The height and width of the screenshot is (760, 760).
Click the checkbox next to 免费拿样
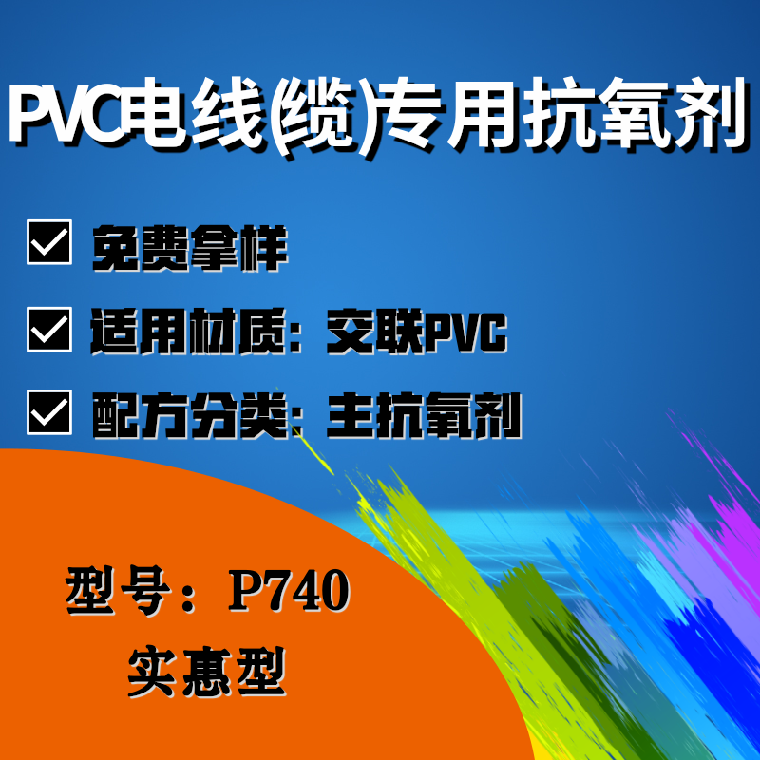click(x=49, y=242)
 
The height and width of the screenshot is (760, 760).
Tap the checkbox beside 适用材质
click(x=49, y=329)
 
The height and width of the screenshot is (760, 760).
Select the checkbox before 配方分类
click(x=49, y=412)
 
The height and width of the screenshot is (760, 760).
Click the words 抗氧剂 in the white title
click(x=634, y=114)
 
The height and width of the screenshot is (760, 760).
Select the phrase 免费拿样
click(x=190, y=248)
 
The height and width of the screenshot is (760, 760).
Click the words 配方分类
click(x=190, y=415)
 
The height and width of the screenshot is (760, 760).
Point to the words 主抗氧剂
click(x=424, y=415)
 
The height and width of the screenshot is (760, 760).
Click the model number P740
click(x=290, y=590)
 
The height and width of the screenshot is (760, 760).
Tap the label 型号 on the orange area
click(x=118, y=590)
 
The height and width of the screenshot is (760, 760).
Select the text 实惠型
click(x=207, y=672)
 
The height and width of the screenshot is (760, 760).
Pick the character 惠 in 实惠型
click(x=207, y=672)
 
